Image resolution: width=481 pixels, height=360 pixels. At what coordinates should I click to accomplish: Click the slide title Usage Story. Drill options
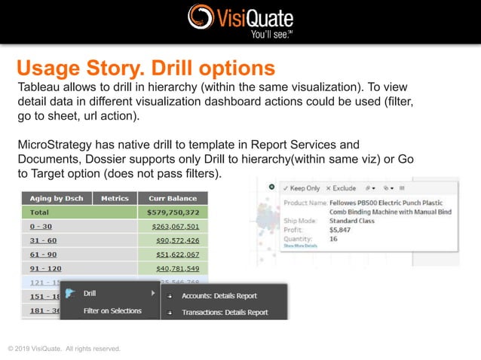(146, 69)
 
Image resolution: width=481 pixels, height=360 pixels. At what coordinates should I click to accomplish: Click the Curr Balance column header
(173, 198)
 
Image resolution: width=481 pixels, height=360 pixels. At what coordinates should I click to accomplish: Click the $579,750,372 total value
(173, 212)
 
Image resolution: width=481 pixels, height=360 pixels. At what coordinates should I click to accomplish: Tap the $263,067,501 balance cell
(175, 226)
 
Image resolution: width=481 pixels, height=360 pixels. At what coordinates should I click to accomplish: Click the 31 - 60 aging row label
(41, 240)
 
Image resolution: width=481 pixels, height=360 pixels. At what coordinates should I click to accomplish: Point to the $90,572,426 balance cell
(177, 240)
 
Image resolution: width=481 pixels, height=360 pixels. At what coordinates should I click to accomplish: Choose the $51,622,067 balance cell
(177, 255)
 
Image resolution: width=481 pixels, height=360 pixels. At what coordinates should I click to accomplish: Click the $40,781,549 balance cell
(177, 269)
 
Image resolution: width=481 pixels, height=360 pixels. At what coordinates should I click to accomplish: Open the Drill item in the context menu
(90, 294)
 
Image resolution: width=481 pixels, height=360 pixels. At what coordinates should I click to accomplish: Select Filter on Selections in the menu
(112, 310)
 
